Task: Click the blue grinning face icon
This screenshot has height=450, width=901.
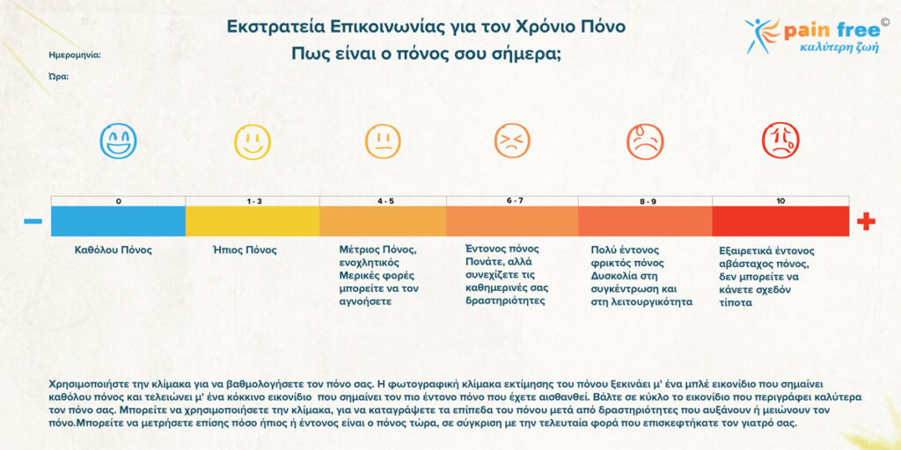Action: coord(118,141)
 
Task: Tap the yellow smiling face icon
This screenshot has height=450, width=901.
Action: coord(252,141)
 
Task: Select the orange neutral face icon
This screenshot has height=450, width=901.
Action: coord(383,141)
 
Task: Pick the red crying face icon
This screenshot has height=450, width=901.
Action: coord(780,141)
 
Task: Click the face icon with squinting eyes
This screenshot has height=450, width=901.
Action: coord(512,141)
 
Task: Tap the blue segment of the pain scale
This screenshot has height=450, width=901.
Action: coord(118,221)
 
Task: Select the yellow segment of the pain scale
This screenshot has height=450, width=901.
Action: coord(252,221)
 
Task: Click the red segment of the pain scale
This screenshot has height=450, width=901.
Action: coord(780,221)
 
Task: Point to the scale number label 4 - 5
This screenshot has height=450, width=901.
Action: coord(385,201)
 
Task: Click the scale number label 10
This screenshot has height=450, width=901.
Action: coord(780,201)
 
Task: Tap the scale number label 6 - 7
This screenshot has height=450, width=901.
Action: coord(515,200)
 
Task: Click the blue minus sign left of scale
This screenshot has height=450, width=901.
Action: coord(33,221)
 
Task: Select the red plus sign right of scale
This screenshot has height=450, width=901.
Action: coord(866,221)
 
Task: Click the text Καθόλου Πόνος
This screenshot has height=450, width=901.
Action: coord(114,250)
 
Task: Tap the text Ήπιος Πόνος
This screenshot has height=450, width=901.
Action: coord(245,250)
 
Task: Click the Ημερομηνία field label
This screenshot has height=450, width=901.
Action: coord(75,54)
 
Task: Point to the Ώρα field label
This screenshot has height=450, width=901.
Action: coord(59,76)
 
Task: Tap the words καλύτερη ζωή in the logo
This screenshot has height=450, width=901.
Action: coord(834,48)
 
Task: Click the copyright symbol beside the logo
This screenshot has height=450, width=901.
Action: coord(884,21)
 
